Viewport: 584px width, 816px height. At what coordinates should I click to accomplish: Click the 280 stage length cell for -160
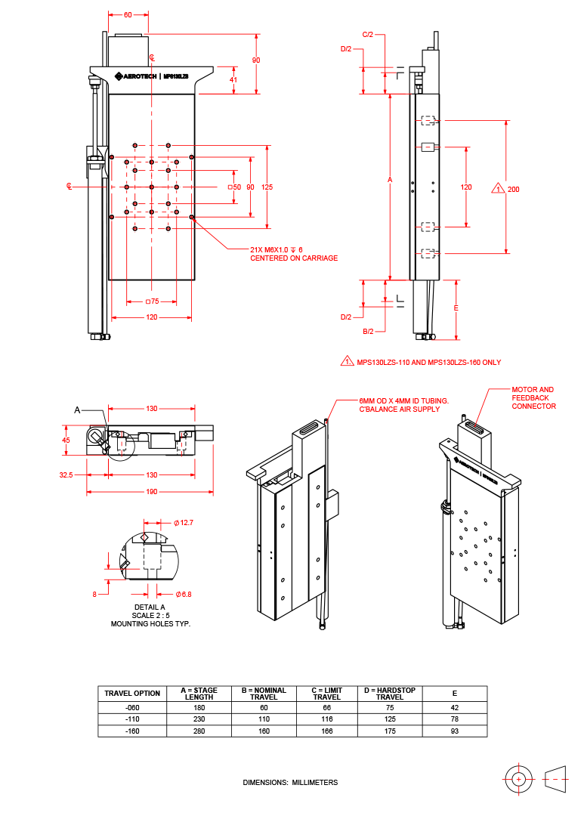click(x=199, y=731)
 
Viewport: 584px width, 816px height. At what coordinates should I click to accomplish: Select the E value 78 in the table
click(x=455, y=719)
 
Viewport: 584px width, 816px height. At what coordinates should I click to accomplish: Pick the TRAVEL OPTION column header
click(x=132, y=693)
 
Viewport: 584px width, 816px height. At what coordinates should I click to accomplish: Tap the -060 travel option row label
click(x=132, y=708)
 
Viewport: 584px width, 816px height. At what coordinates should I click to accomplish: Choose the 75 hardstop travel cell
click(x=390, y=708)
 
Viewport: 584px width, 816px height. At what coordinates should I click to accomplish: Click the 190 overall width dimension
click(x=151, y=492)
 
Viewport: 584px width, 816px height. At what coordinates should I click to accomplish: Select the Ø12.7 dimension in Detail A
click(x=184, y=522)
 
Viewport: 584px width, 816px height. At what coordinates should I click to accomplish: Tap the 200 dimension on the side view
click(x=514, y=189)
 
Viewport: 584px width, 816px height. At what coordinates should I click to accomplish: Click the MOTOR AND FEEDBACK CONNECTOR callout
click(x=533, y=398)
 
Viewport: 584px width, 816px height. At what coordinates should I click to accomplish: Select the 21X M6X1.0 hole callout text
click(x=294, y=254)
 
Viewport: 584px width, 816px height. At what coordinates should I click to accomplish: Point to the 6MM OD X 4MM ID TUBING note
click(x=403, y=405)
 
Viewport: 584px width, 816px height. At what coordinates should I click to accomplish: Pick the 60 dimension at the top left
click(x=128, y=14)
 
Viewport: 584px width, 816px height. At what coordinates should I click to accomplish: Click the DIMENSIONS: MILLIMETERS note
click(x=290, y=782)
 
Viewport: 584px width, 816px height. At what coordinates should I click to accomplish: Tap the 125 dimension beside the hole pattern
click(x=267, y=187)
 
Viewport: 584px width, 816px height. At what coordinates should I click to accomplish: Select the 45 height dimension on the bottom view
click(x=66, y=440)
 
